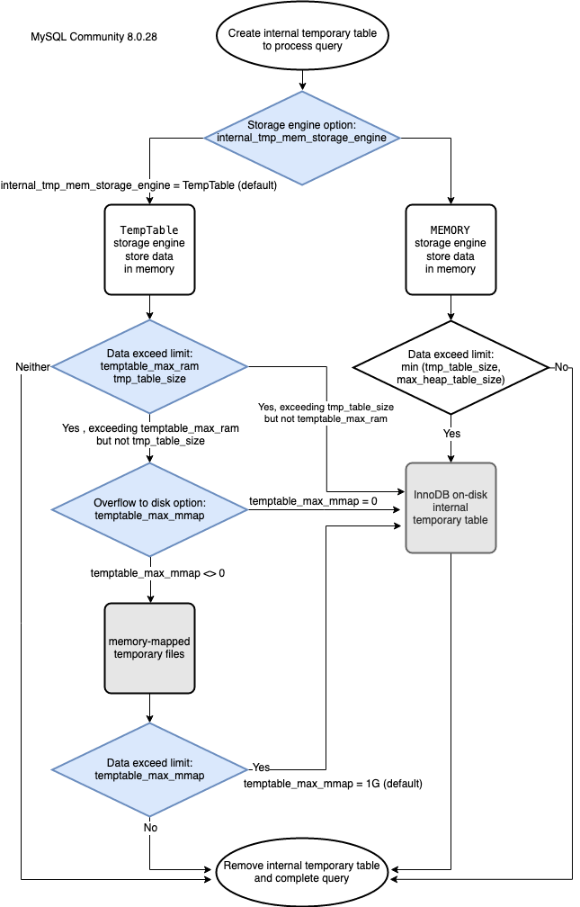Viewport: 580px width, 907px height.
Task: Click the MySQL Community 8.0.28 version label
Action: [x=94, y=36]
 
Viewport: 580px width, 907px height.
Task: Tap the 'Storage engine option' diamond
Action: [x=302, y=138]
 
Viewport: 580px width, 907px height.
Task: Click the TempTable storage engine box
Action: [x=149, y=249]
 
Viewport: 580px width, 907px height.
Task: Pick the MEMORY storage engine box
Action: [x=451, y=249]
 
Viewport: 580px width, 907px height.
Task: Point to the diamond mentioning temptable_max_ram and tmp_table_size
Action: [x=150, y=366]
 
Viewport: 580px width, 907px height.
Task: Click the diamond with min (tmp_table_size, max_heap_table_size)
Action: [x=451, y=367]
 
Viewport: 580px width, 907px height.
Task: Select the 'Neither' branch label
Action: [x=32, y=367]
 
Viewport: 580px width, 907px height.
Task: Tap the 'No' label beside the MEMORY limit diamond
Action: [x=561, y=367]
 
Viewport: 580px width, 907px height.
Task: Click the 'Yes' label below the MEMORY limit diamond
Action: [x=451, y=434]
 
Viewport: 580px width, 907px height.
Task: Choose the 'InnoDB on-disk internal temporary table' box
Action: [x=451, y=507]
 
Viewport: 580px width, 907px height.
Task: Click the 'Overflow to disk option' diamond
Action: [x=150, y=509]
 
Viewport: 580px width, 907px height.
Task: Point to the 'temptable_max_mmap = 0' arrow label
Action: [x=314, y=501]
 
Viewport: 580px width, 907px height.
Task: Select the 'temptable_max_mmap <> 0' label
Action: [x=157, y=573]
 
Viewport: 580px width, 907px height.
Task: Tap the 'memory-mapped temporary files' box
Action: [x=149, y=648]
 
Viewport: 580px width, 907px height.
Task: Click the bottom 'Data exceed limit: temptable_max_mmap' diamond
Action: [x=150, y=769]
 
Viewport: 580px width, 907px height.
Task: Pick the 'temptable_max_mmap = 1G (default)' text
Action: [x=333, y=784]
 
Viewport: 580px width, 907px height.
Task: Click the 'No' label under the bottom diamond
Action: [x=150, y=828]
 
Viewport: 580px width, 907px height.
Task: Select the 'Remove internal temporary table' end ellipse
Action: [x=302, y=872]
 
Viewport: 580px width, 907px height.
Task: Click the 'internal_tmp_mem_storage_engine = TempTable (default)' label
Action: [x=138, y=185]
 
